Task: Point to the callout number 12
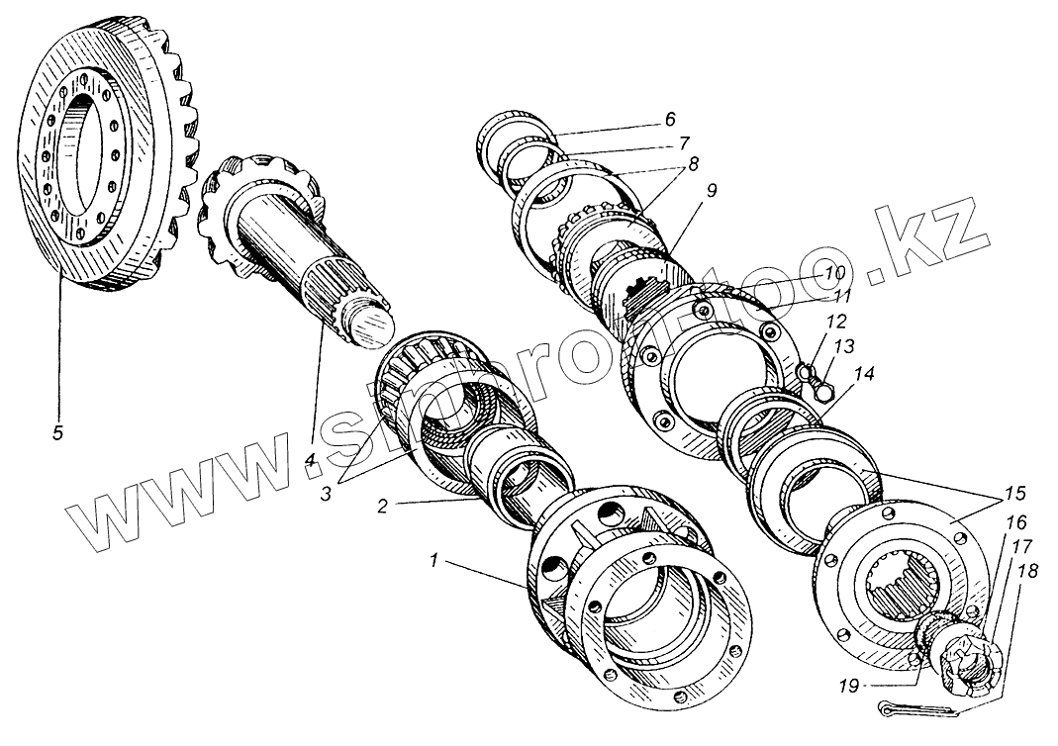tap(836, 322)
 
